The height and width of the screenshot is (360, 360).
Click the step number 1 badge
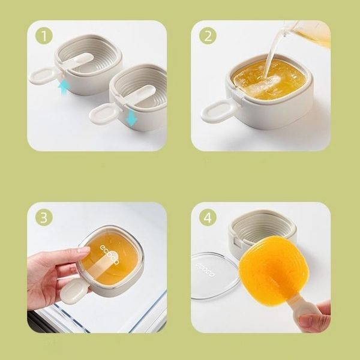click(44, 35)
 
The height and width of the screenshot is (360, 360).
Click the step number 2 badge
click(208, 35)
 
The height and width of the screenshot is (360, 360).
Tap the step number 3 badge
click(44, 217)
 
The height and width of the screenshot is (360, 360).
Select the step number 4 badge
click(208, 217)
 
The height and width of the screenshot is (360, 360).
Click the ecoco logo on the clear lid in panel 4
click(205, 270)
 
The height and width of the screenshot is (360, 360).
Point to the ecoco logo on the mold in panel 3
click(110, 254)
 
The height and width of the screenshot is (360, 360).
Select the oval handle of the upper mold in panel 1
click(42, 76)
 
